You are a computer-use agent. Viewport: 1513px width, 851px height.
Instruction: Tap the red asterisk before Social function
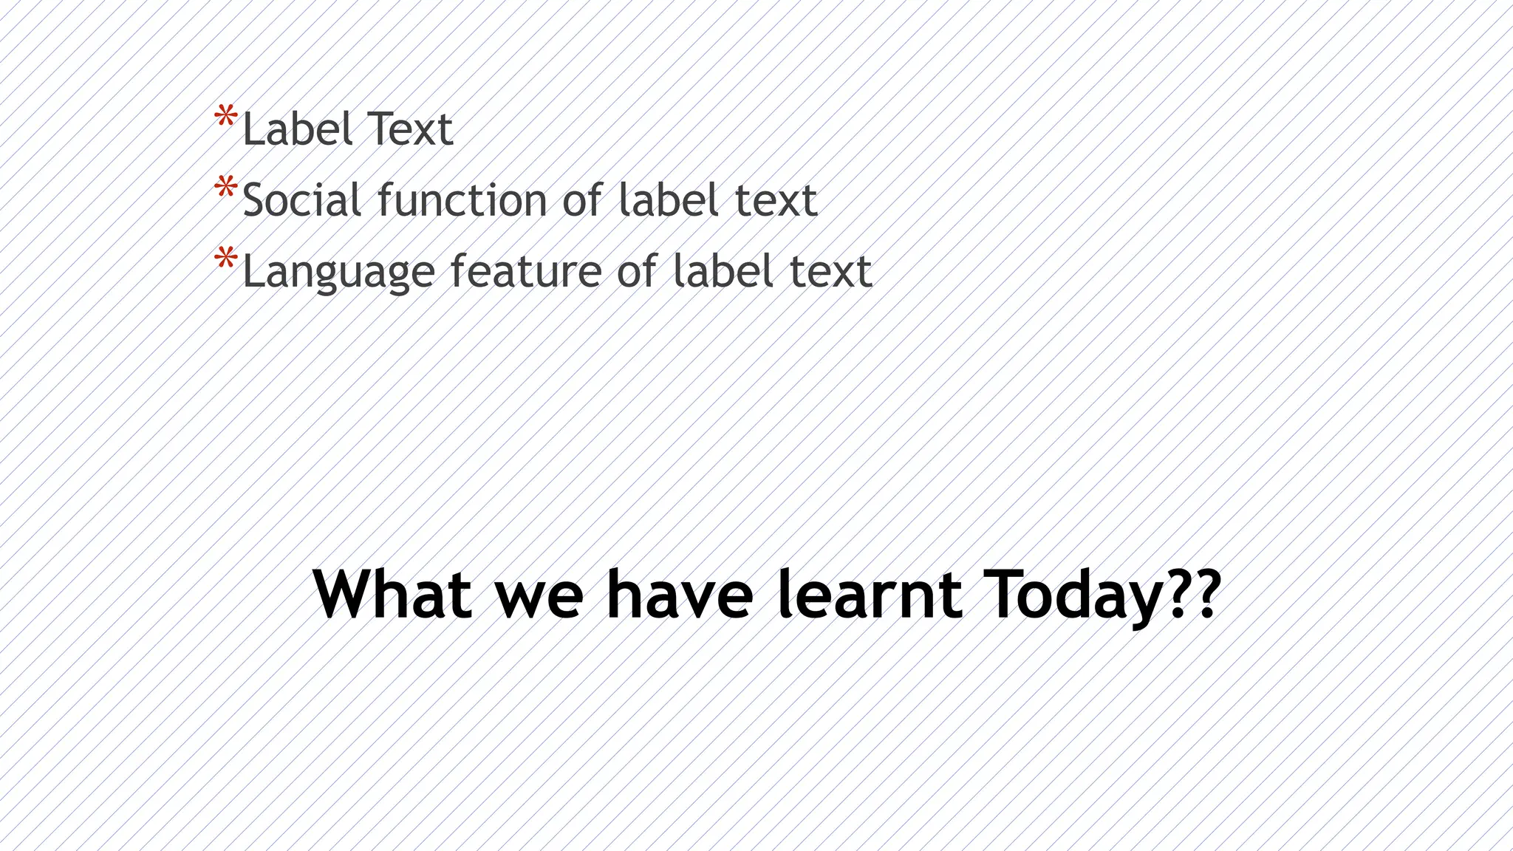[225, 188]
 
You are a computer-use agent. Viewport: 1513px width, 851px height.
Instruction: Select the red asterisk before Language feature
[225, 259]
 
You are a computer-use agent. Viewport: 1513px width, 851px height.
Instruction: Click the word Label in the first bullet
[297, 129]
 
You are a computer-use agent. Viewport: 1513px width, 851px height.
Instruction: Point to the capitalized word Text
[409, 129]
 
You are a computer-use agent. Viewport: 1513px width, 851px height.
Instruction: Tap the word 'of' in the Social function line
[582, 200]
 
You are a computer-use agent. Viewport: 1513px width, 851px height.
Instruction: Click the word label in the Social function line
[667, 200]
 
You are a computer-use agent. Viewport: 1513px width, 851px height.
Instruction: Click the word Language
[338, 273]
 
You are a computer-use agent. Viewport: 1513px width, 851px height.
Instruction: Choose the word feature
[526, 271]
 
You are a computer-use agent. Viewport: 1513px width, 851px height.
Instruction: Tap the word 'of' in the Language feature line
[637, 271]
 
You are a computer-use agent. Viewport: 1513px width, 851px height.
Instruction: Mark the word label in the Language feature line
[723, 271]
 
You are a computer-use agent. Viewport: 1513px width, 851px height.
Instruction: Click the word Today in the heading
[1076, 595]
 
